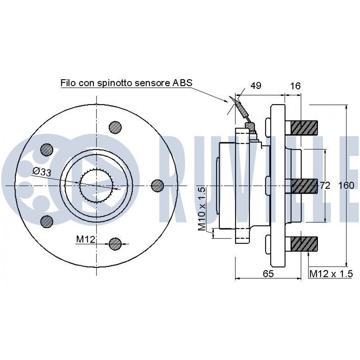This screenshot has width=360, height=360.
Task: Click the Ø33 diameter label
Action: [x=41, y=172]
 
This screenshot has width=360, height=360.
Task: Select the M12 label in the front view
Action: [x=85, y=239]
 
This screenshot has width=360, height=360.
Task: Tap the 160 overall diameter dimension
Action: [x=346, y=185]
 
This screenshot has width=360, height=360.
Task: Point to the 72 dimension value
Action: [x=325, y=185]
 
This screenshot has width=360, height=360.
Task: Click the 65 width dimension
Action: [x=268, y=274]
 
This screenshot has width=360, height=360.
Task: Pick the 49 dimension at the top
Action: [x=256, y=86]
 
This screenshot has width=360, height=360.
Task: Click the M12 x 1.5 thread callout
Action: [x=330, y=274]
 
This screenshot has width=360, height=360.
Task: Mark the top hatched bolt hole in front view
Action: [x=116, y=127]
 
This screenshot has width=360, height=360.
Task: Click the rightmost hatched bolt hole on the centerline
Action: [x=157, y=185]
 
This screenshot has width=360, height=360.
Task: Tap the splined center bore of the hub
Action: [x=96, y=185]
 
